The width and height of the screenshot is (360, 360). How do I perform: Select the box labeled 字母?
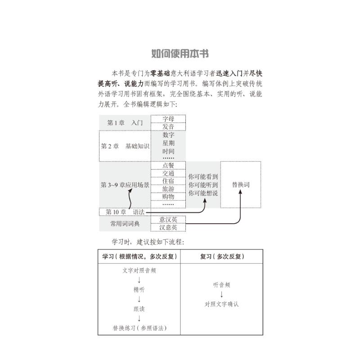(168, 119)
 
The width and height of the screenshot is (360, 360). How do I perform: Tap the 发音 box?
(168, 126)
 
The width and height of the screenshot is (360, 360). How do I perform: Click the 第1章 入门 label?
(125, 123)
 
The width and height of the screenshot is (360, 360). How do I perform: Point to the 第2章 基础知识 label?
(125, 146)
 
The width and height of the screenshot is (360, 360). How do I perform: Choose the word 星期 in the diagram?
(168, 143)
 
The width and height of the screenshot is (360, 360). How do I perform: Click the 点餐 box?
(168, 165)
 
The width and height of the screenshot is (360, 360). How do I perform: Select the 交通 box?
(168, 173)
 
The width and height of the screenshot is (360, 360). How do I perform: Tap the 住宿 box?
(168, 181)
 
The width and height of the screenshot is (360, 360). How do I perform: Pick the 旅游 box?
(168, 189)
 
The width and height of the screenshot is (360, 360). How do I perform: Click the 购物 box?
(168, 197)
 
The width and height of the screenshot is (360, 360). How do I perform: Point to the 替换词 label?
(241, 185)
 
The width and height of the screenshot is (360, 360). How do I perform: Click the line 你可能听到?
(203, 185)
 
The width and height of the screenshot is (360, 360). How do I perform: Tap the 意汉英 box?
(168, 220)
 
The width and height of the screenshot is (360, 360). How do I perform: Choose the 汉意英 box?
(168, 227)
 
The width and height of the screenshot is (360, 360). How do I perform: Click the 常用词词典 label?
(125, 223)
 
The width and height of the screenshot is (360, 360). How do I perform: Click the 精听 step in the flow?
(139, 290)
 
